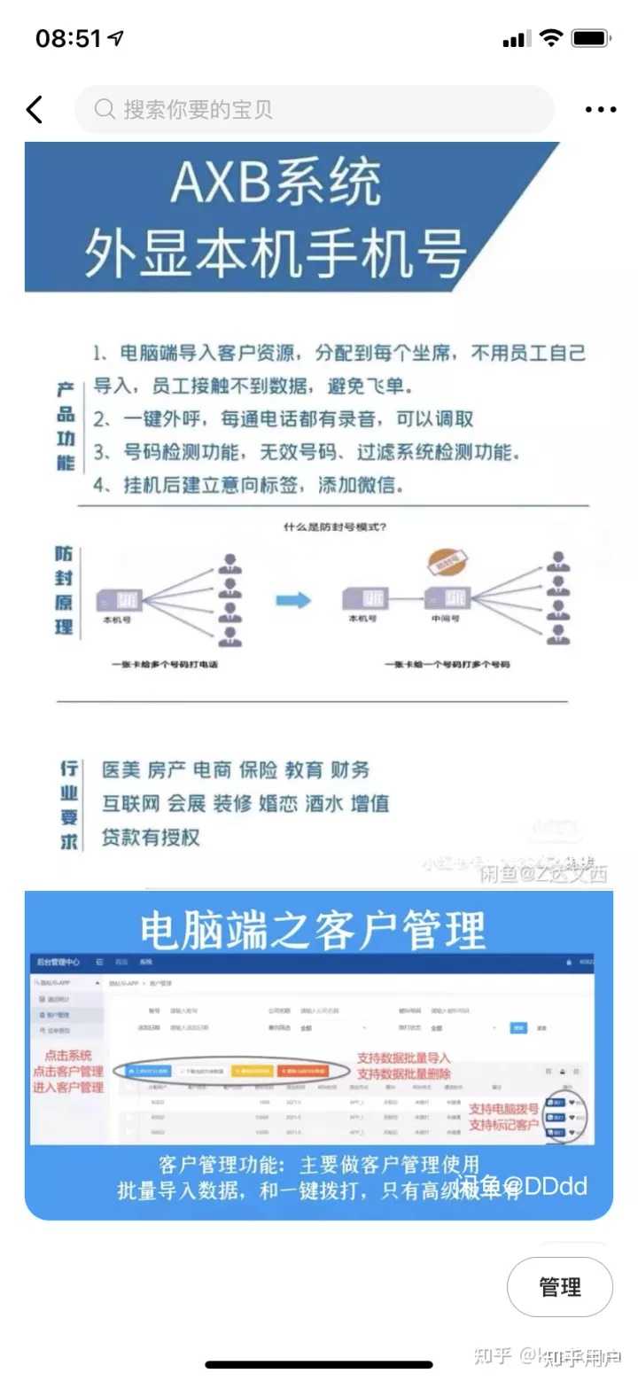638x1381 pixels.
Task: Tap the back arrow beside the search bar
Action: pyautogui.click(x=35, y=110)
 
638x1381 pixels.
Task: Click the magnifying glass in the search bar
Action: pyautogui.click(x=105, y=110)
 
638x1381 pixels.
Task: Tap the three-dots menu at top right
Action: pyautogui.click(x=600, y=110)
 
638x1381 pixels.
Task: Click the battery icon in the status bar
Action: pyautogui.click(x=590, y=39)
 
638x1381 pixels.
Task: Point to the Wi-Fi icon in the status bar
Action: pyautogui.click(x=551, y=38)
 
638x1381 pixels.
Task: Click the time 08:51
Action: pyautogui.click(x=69, y=39)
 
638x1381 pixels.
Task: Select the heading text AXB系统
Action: pyautogui.click(x=276, y=183)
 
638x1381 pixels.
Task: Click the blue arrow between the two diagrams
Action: pyautogui.click(x=293, y=601)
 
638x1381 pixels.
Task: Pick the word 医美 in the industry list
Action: pyautogui.click(x=121, y=769)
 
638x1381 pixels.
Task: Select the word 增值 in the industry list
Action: pyautogui.click(x=370, y=804)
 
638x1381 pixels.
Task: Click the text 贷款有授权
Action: pyautogui.click(x=151, y=838)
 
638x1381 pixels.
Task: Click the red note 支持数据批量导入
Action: pyautogui.click(x=403, y=1057)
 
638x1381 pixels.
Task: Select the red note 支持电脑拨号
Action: pyautogui.click(x=503, y=1109)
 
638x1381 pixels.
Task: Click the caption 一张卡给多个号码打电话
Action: pyautogui.click(x=165, y=664)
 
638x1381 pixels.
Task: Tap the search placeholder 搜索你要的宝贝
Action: pyautogui.click(x=198, y=110)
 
